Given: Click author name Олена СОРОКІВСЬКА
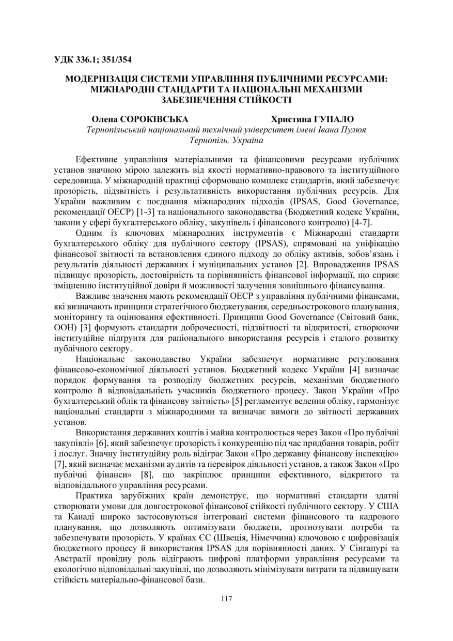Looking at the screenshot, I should (x=140, y=119).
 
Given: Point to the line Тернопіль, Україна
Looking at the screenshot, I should (x=226, y=140).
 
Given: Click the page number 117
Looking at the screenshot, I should (x=226, y=599).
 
